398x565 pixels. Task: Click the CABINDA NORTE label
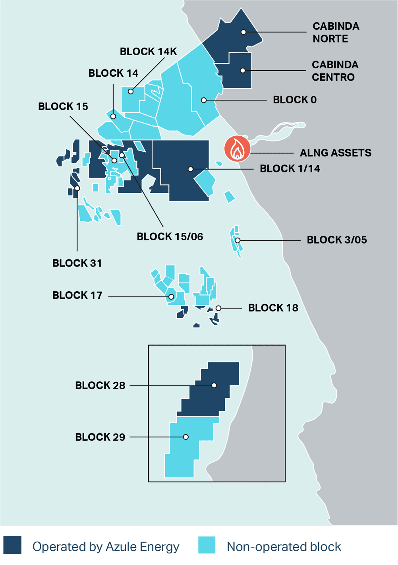point(336,32)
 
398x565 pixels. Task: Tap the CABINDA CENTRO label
point(335,71)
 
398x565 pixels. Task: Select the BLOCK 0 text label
point(295,100)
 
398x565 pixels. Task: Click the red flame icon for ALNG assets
point(237,149)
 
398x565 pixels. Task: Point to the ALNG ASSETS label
point(336,153)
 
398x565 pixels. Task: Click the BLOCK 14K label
point(148,52)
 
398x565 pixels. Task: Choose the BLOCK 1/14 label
point(290,169)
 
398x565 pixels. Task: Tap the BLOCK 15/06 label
point(170,237)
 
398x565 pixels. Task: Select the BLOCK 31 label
point(77,263)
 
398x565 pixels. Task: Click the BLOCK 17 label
point(77,295)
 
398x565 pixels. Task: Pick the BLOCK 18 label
point(273,308)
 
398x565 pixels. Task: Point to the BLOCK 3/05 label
point(336,240)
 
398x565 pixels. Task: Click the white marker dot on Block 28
point(214,385)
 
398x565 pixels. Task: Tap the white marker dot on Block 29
point(186,437)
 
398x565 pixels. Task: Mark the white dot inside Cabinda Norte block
point(243,32)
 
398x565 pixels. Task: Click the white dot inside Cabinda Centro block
point(243,71)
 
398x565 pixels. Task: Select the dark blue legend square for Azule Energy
point(12,545)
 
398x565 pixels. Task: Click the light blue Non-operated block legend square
point(207,545)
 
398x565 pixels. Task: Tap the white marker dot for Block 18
point(218,308)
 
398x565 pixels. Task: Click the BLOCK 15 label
point(63,106)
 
